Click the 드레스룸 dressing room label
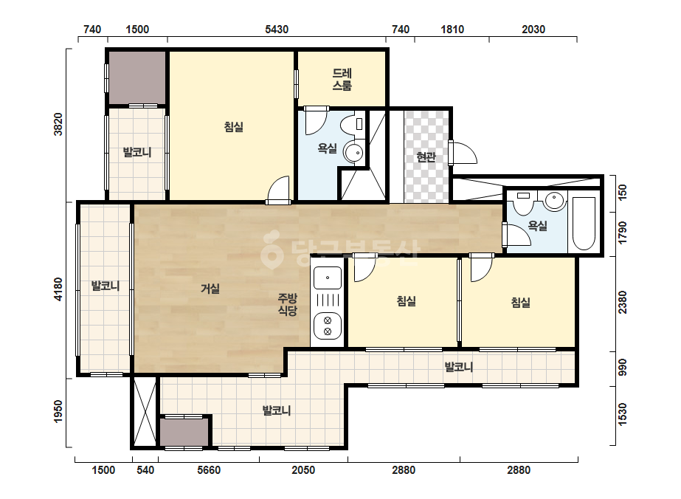pyautogui.click(x=342, y=79)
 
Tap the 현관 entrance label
pyautogui.click(x=426, y=157)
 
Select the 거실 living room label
pyautogui.click(x=210, y=289)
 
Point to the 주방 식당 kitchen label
pyautogui.click(x=288, y=304)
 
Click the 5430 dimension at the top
pyautogui.click(x=277, y=29)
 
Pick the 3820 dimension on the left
pyautogui.click(x=58, y=124)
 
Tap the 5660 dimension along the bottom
pyautogui.click(x=209, y=470)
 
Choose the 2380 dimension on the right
pyautogui.click(x=623, y=302)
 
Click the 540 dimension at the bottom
pyautogui.click(x=145, y=470)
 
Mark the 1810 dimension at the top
pyautogui.click(x=452, y=29)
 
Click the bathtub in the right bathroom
pyautogui.click(x=584, y=224)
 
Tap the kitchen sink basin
pyautogui.click(x=328, y=278)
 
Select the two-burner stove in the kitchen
pyautogui.click(x=328, y=326)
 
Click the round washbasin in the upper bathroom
pyautogui.click(x=354, y=153)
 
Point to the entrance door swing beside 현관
pyautogui.click(x=464, y=153)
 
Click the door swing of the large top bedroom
pyautogui.click(x=278, y=190)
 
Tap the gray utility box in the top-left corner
pyautogui.click(x=136, y=78)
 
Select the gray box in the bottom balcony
pyautogui.click(x=184, y=432)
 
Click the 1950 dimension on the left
pyautogui.click(x=58, y=411)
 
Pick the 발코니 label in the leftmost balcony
pyautogui.click(x=105, y=286)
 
